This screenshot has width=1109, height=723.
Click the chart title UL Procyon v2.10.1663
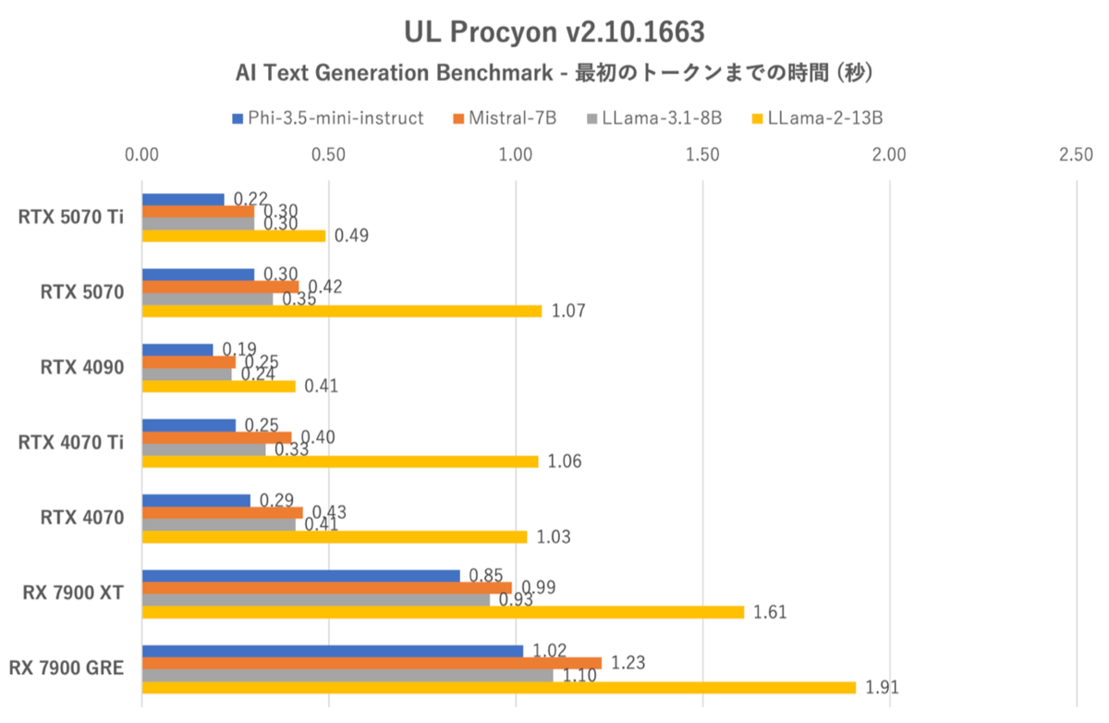click(554, 32)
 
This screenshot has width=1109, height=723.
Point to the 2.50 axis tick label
click(1077, 154)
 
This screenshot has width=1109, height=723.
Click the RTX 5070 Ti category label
click(71, 218)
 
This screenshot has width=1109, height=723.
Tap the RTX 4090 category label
click(83, 367)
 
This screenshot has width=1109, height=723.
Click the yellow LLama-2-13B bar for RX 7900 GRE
click(499, 688)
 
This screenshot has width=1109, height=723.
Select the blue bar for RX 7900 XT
click(300, 576)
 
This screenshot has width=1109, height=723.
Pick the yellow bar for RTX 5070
click(342, 312)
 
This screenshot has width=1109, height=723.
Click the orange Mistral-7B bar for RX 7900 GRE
click(372, 663)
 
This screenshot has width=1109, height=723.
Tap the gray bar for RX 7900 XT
click(316, 600)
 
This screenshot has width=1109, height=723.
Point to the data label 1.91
click(882, 688)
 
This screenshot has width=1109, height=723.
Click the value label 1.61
click(770, 612)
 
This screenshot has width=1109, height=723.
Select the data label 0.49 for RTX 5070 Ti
click(351, 236)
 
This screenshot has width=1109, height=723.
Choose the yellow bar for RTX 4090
click(218, 386)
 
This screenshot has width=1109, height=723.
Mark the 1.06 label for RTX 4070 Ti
click(564, 461)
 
